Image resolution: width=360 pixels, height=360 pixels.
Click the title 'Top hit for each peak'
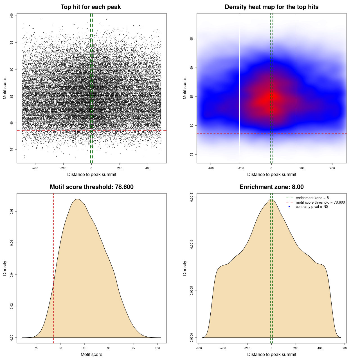(x=91, y=7)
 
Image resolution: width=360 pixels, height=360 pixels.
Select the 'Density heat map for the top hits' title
(x=271, y=7)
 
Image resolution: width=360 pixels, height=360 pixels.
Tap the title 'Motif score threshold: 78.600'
(x=91, y=187)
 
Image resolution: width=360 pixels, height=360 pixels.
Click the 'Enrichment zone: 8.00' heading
(x=271, y=187)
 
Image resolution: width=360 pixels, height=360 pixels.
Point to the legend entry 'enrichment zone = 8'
(x=312, y=198)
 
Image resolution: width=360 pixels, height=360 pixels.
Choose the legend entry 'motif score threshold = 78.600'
(x=320, y=202)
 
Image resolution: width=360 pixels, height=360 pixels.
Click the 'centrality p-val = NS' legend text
(x=312, y=207)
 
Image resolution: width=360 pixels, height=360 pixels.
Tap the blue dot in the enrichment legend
(x=289, y=207)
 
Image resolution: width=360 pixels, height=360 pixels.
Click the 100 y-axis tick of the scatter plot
(x=12, y=16)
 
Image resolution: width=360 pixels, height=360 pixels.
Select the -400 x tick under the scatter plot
(x=35, y=168)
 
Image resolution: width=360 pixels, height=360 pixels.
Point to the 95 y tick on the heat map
(x=192, y=39)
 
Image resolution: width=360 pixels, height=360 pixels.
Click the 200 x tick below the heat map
(x=302, y=168)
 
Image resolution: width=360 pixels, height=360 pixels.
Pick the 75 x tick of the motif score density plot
(x=36, y=348)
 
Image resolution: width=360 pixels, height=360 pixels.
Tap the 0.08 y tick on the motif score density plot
(x=12, y=211)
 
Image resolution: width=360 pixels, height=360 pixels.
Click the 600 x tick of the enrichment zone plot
(x=344, y=348)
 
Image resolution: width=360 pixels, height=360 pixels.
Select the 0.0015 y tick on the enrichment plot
(x=192, y=197)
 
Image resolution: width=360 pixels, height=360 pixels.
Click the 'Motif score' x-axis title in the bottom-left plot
(x=91, y=354)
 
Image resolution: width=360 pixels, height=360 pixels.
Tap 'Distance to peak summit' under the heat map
(x=271, y=174)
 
